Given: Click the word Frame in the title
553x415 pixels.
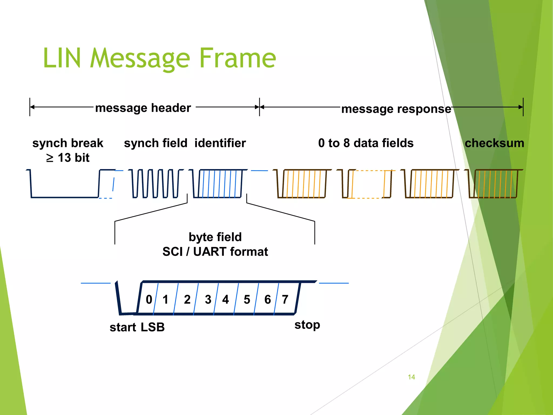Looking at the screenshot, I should [238, 58].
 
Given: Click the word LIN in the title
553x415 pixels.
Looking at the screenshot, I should [62, 58].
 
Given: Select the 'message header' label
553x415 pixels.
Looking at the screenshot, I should [143, 108].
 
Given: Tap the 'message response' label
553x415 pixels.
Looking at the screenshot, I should [396, 109].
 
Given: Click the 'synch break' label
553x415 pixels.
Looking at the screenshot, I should [68, 143].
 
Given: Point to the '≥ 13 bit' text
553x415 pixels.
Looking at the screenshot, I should [68, 158].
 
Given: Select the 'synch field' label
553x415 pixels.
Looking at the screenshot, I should [156, 143].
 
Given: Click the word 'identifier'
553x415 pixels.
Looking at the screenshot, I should [220, 143].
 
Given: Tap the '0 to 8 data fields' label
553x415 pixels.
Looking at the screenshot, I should [366, 143].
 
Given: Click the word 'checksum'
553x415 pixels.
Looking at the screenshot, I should [494, 143].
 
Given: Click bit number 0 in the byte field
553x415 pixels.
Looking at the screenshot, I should [149, 299].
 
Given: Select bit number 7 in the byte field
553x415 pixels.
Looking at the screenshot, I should [285, 299].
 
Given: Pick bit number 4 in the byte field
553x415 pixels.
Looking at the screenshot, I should [225, 299].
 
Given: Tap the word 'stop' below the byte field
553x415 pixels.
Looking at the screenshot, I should [307, 325].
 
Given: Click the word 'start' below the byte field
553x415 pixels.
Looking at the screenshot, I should [123, 327].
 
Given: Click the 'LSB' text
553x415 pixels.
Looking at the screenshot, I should [153, 327].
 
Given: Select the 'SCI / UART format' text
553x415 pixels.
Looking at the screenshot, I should [215, 252].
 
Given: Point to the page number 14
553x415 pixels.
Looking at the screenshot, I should [411, 377].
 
